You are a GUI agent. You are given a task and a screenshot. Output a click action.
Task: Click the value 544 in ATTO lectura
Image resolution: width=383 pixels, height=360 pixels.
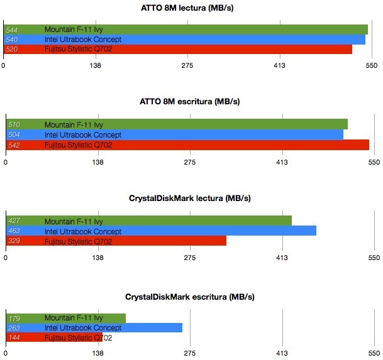(x=11, y=30)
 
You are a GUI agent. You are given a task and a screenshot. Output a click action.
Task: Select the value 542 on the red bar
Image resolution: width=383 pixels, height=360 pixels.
(x=13, y=145)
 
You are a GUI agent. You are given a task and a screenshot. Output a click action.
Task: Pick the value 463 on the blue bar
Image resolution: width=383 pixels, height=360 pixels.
(x=13, y=231)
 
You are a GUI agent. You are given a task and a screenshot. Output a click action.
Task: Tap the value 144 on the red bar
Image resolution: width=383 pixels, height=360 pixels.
(x=13, y=338)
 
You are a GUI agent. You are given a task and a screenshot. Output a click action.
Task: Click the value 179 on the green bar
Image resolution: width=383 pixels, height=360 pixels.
(x=13, y=318)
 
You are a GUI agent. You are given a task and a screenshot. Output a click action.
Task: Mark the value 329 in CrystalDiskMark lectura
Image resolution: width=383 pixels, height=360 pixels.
(x=13, y=241)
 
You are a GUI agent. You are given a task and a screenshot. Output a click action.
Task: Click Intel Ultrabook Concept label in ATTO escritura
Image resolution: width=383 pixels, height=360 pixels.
(x=82, y=134)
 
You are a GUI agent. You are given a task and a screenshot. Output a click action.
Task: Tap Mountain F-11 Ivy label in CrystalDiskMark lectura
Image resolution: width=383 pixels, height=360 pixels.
(x=74, y=221)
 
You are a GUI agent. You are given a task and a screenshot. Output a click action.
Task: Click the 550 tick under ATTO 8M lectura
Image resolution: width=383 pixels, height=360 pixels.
(x=372, y=65)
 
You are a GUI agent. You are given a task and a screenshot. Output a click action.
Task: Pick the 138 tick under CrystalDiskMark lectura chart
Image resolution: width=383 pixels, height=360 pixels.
(x=97, y=258)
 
